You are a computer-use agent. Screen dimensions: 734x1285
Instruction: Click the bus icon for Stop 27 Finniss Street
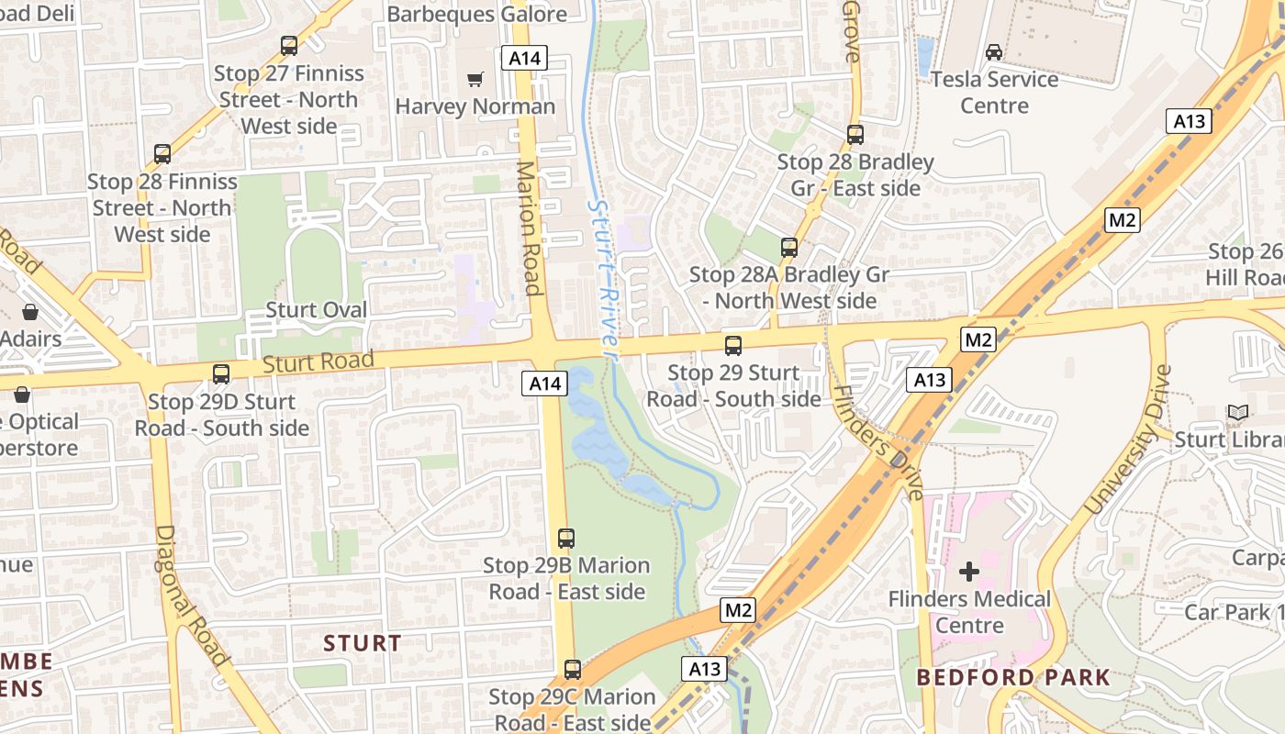click(289, 45)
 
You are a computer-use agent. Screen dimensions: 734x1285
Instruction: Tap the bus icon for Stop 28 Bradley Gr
click(855, 135)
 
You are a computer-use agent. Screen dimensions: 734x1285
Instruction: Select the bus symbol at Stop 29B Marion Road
click(566, 539)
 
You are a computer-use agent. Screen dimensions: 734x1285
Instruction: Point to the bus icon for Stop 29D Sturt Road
click(221, 374)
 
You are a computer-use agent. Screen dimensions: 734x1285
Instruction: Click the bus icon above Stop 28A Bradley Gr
click(789, 247)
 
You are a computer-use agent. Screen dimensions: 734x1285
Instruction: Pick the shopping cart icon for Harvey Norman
click(475, 80)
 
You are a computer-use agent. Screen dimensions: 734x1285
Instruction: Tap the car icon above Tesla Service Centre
click(994, 52)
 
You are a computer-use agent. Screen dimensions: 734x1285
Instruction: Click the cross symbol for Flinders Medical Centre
click(968, 573)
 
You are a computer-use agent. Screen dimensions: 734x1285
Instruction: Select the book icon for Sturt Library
click(1238, 413)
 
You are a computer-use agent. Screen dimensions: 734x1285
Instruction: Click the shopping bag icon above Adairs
click(30, 312)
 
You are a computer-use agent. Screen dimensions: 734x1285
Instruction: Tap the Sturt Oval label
click(316, 310)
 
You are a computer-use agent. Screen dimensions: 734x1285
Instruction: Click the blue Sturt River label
click(601, 275)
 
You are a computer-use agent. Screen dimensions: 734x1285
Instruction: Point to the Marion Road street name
click(529, 228)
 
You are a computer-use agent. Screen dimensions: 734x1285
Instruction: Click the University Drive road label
click(1128, 440)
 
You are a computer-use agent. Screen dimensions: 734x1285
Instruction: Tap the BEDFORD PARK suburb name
click(1013, 678)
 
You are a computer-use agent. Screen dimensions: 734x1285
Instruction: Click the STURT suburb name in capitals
click(362, 643)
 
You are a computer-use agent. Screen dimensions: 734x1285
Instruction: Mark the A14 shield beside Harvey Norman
click(525, 59)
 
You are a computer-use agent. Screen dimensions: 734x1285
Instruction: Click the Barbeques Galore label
click(477, 14)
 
